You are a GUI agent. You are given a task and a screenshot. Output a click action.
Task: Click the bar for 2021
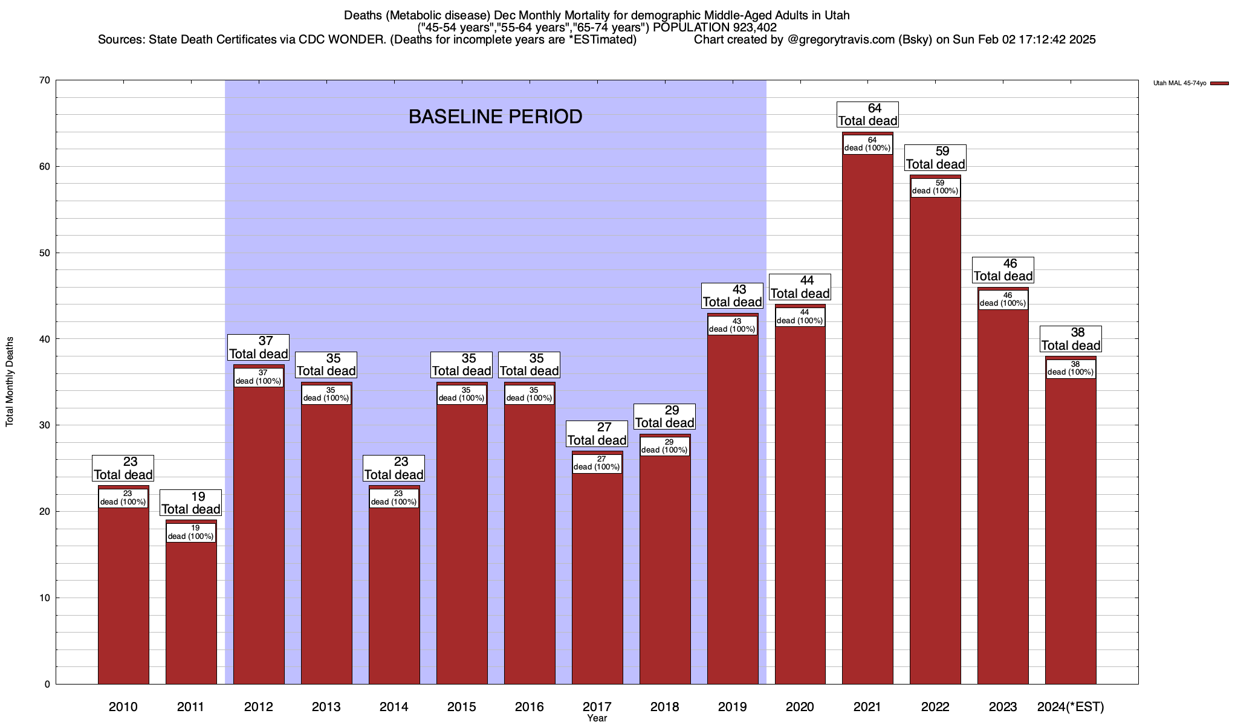point(867,423)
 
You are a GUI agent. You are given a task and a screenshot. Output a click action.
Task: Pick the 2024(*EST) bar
point(1071,532)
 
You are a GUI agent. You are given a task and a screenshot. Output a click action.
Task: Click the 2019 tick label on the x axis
point(732,706)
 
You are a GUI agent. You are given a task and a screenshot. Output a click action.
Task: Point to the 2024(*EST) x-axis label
point(1071,706)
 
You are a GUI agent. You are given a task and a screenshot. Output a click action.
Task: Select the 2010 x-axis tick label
point(123,706)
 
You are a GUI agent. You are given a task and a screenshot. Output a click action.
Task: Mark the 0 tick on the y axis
point(47,685)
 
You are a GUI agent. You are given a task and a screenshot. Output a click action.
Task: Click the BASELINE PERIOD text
point(495,117)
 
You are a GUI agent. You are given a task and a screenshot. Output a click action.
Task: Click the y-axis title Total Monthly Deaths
point(10,382)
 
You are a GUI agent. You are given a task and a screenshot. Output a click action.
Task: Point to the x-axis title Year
point(597,718)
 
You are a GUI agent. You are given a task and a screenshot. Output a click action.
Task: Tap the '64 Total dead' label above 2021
point(867,115)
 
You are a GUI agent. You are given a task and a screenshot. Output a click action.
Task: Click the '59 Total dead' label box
point(935,158)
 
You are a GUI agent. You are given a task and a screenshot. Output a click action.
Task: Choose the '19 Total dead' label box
point(191,503)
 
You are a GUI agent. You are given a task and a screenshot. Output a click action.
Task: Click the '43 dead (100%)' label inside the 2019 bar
point(732,326)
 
